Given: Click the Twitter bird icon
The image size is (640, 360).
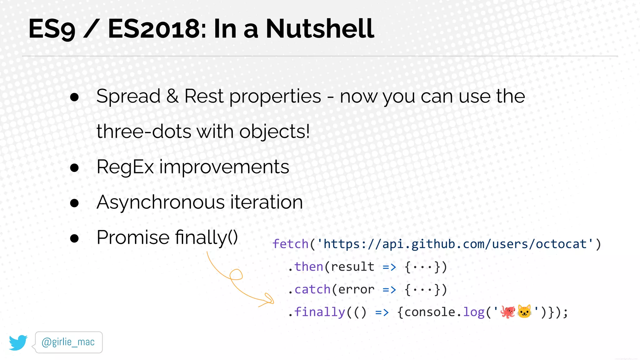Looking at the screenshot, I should [x=18, y=342].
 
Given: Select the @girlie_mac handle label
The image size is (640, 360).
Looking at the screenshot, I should [x=68, y=342].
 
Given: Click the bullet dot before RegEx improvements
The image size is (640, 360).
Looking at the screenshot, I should [x=74, y=168].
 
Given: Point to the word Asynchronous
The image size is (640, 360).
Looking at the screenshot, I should [x=160, y=202].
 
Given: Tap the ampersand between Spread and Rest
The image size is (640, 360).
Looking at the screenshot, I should [x=172, y=96].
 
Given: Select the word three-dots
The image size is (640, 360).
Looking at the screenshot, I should [x=144, y=132].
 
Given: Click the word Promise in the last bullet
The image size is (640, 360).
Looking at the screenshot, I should [x=133, y=237].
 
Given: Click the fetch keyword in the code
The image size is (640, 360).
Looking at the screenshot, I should [x=290, y=244].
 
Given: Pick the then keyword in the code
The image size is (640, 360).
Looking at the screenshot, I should [x=309, y=267].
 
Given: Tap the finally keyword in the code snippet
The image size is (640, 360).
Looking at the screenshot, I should [x=319, y=312].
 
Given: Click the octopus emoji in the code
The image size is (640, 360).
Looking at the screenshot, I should [x=507, y=312].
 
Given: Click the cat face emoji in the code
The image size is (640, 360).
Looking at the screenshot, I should [x=524, y=312].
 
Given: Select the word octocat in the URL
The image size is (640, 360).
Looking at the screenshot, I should [x=561, y=244].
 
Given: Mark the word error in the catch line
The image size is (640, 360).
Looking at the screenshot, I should [x=356, y=290].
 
